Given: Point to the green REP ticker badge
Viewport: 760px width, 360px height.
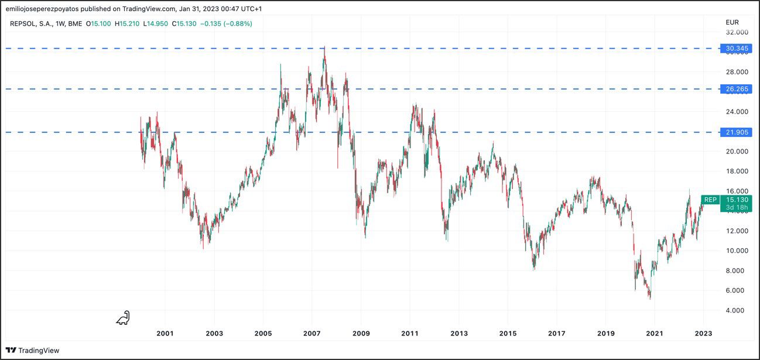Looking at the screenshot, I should [x=710, y=200].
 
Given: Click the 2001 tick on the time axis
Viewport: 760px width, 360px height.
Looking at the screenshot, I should [x=165, y=334].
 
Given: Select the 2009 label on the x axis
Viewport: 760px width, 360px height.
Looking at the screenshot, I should [x=361, y=334].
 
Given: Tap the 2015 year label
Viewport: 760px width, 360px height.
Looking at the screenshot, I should [x=508, y=334].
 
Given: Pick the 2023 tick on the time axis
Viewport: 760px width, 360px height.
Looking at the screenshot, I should [x=703, y=334].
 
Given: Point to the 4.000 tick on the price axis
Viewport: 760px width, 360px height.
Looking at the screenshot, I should [x=737, y=310].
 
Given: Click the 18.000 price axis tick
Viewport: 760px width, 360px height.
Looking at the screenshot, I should [x=737, y=171].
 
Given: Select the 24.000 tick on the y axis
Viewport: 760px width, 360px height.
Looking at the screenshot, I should [x=737, y=111].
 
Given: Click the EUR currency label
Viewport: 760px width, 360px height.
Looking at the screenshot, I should [x=732, y=22].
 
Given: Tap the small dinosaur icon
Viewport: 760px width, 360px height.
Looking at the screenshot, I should [x=123, y=318].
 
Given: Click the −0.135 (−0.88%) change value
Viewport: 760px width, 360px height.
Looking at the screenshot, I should [x=225, y=23].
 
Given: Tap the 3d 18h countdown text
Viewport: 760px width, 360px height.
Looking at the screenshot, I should [x=737, y=207].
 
